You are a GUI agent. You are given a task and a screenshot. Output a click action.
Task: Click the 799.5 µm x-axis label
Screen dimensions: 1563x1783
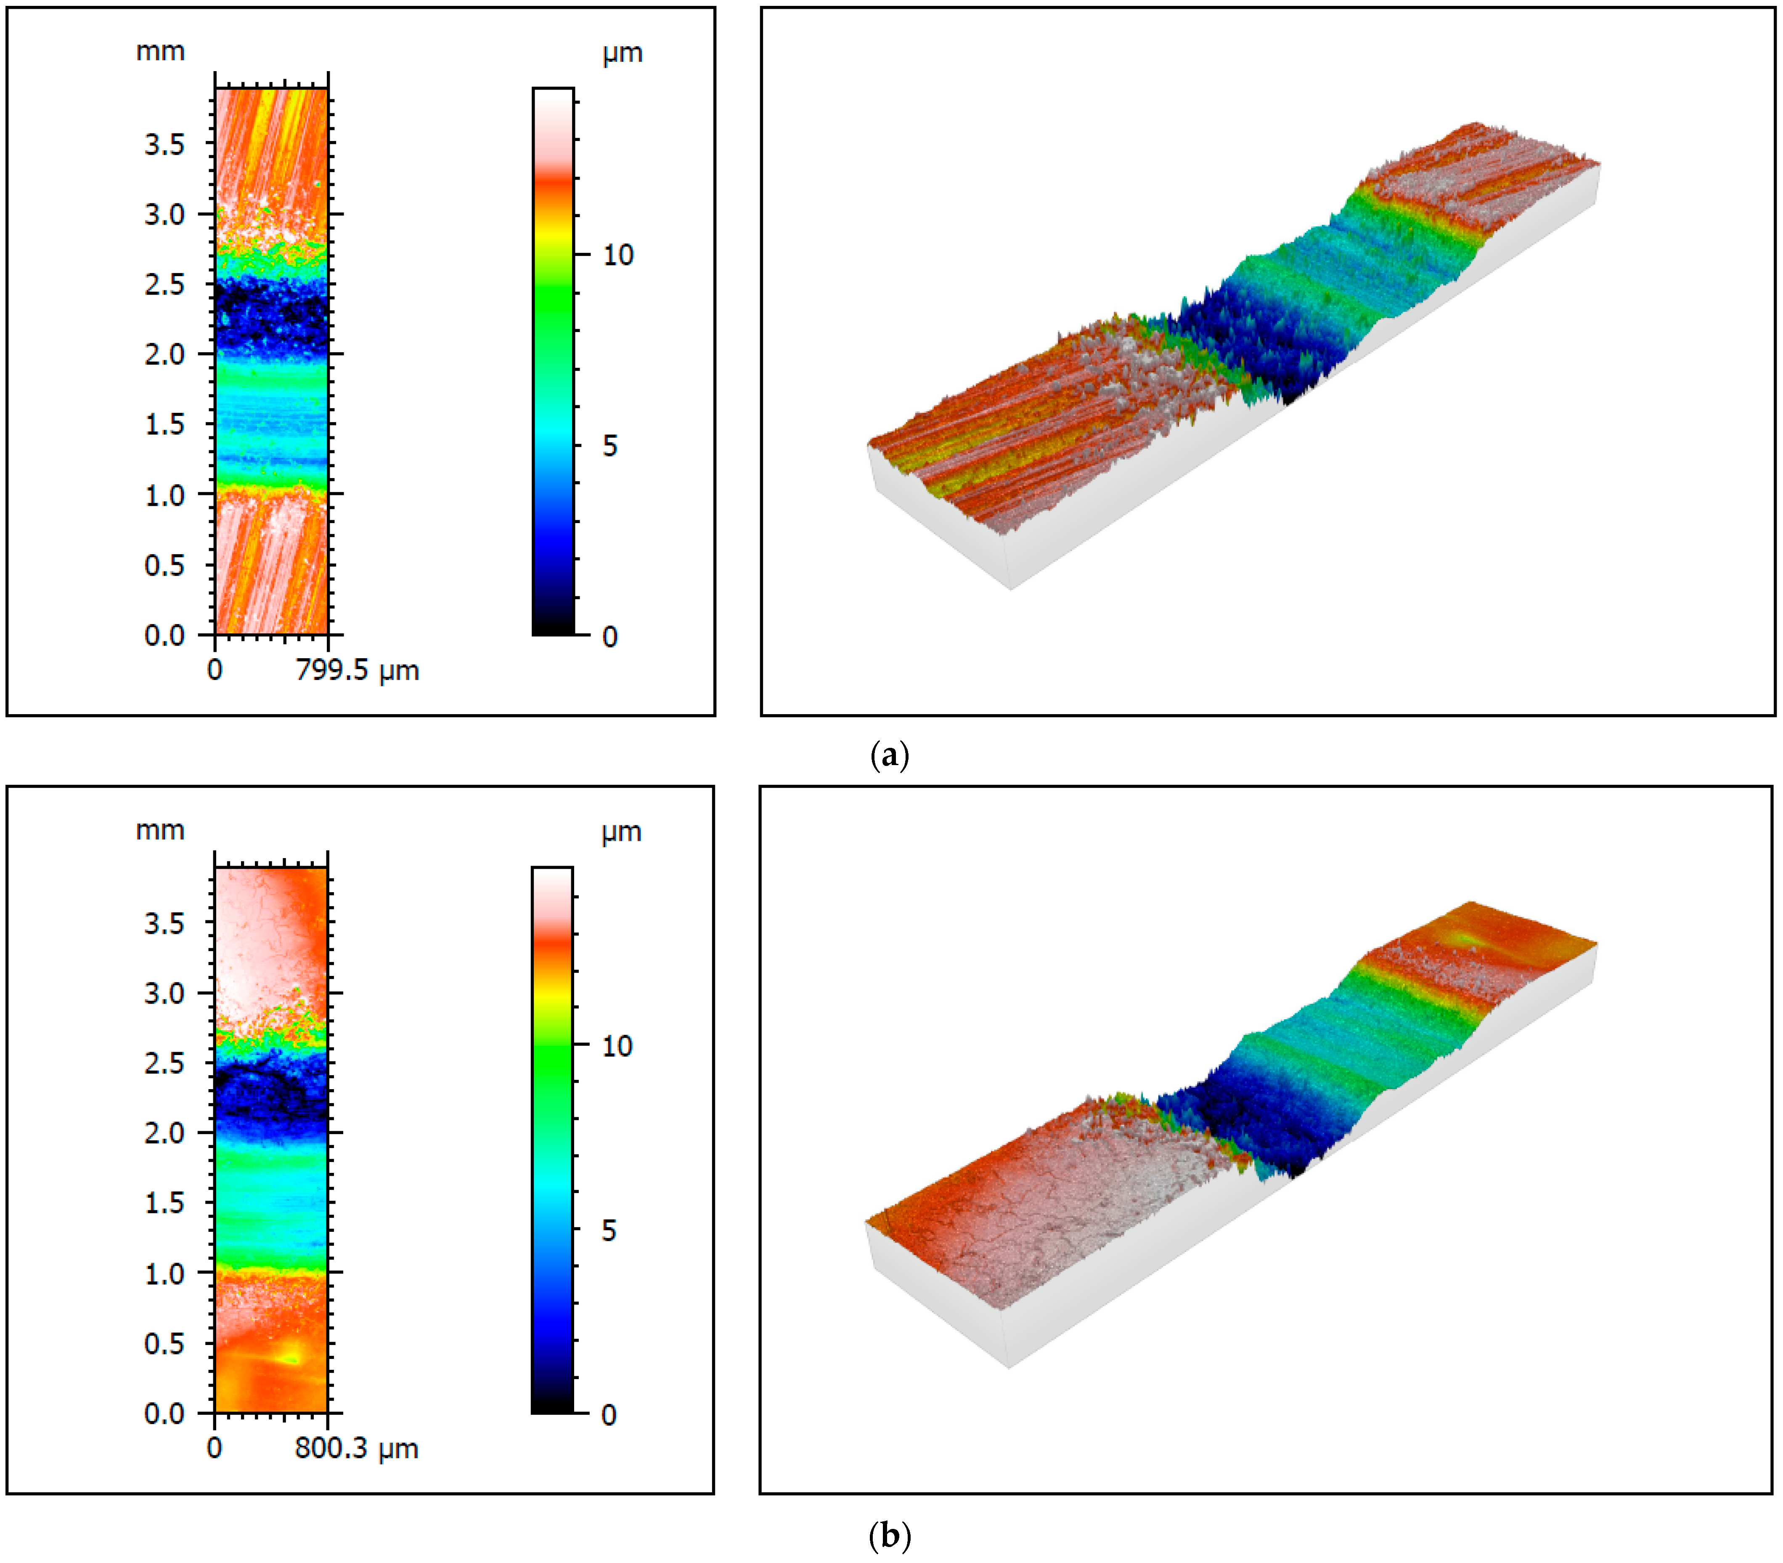coord(358,671)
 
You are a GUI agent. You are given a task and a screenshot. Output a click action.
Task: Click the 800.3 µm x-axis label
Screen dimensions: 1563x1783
coord(357,1449)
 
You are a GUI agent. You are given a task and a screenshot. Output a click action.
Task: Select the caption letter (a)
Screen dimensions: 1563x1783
coord(889,755)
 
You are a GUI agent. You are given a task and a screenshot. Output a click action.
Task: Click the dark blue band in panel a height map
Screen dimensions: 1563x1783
coord(271,314)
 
